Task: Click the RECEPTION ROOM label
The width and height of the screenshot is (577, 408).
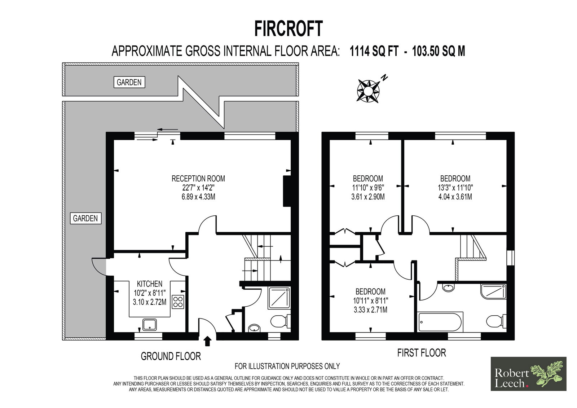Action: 198,178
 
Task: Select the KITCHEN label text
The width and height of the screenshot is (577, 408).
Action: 150,284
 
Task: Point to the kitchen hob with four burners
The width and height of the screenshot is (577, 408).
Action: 178,302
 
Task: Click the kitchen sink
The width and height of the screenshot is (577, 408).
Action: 150,325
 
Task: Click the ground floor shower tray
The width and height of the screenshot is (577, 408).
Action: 279,298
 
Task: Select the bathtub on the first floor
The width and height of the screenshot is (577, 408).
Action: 441,322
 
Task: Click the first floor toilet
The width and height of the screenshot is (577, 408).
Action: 496,321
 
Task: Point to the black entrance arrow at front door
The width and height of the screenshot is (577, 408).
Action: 208,341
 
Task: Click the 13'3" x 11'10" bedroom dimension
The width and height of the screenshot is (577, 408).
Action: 455,188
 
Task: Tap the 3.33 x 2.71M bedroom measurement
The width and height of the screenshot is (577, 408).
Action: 370,310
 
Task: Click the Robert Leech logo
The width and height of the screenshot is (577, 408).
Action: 528,374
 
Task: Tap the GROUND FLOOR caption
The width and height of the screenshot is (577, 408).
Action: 171,356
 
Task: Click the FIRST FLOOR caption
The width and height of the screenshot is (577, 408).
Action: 422,353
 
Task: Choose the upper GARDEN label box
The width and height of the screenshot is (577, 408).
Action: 129,82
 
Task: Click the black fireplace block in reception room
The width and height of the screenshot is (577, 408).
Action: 287,191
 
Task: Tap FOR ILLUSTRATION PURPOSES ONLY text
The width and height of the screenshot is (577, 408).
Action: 287,366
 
